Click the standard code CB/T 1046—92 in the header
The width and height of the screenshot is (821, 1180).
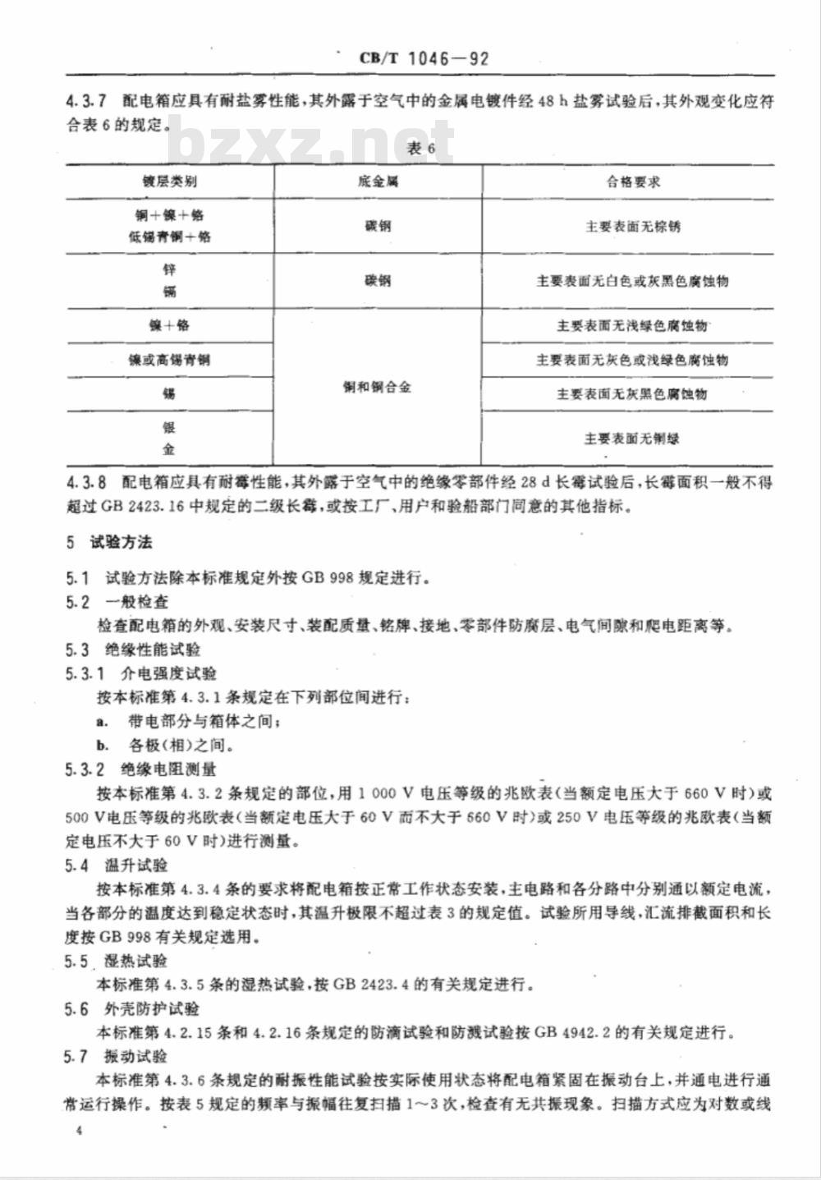coord(424,58)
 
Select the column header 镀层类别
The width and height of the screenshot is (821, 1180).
coord(170,181)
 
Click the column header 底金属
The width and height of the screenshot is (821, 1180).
coord(378,181)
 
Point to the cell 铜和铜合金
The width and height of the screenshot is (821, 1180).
coord(378,387)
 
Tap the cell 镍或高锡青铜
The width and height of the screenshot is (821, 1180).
coord(170,360)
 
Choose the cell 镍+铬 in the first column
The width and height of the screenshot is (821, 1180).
coord(170,325)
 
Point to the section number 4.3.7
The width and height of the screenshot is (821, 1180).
coord(86,102)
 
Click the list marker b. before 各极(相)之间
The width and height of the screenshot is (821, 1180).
coord(103,746)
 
